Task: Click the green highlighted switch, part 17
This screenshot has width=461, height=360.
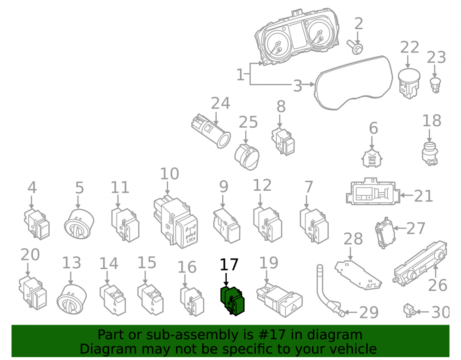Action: click(232, 301)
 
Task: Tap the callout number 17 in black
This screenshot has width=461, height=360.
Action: click(229, 265)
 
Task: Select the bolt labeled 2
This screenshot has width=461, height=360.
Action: click(355, 47)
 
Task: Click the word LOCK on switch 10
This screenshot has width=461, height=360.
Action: click(191, 240)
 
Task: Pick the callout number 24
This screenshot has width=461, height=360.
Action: click(220, 103)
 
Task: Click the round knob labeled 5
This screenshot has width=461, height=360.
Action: click(79, 224)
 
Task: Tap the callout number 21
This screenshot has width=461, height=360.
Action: click(423, 196)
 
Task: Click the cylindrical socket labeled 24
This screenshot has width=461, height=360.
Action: click(211, 131)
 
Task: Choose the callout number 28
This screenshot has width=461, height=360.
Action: click(353, 239)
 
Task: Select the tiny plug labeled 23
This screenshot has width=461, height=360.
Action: click(436, 85)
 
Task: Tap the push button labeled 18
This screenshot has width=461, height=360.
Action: click(430, 153)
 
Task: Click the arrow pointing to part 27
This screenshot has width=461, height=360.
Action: click(400, 228)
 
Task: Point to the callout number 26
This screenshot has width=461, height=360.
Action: click(438, 285)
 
